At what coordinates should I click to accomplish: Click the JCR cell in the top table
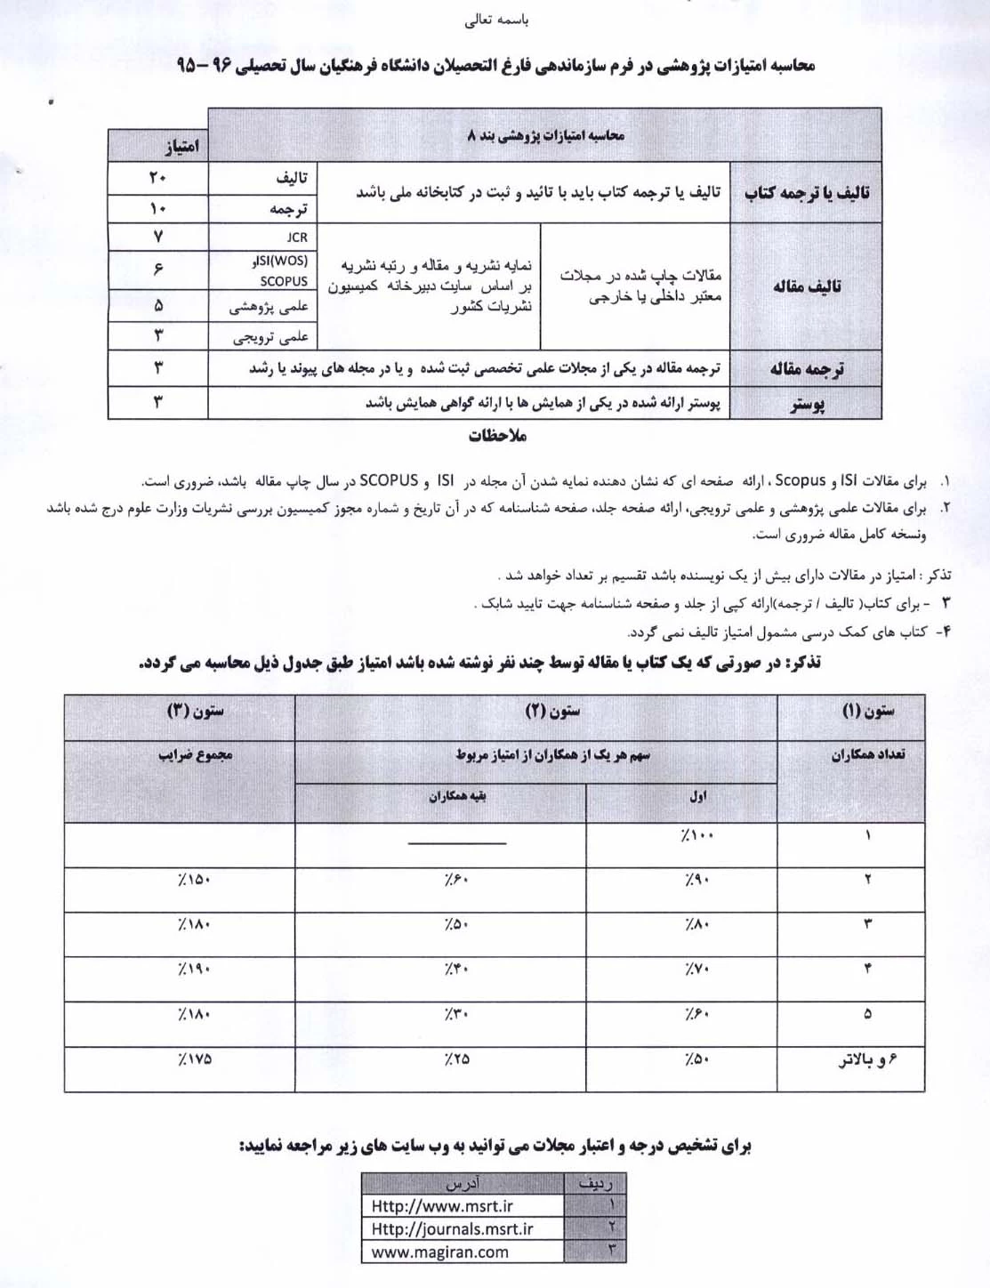(x=296, y=237)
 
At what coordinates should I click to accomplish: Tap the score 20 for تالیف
(x=157, y=178)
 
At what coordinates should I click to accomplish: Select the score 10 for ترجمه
(x=157, y=209)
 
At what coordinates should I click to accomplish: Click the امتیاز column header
(x=181, y=146)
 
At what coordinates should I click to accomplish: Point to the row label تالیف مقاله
(x=807, y=286)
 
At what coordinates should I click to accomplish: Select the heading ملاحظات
(x=497, y=436)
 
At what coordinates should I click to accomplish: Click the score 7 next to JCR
(x=157, y=237)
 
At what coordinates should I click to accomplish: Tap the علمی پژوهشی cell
(x=269, y=306)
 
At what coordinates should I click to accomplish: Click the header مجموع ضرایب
(x=195, y=755)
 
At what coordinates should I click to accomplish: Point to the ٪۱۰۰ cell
(x=697, y=836)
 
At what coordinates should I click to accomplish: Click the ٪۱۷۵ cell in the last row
(x=194, y=1059)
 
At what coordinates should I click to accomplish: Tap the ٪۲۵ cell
(x=455, y=1059)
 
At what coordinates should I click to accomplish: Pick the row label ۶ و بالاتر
(x=867, y=1059)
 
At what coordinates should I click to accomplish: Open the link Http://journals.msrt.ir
(x=452, y=1229)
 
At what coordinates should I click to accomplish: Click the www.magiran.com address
(x=439, y=1252)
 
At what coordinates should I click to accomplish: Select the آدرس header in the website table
(x=462, y=1184)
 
